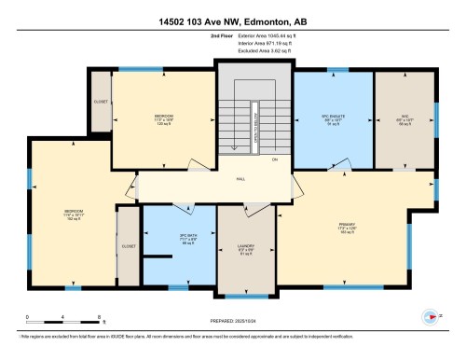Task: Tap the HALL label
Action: pyautogui.click(x=240, y=179)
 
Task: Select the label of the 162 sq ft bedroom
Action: pyautogui.click(x=73, y=212)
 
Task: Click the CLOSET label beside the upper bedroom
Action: pyautogui.click(x=100, y=102)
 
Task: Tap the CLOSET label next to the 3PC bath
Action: pyautogui.click(x=128, y=246)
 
